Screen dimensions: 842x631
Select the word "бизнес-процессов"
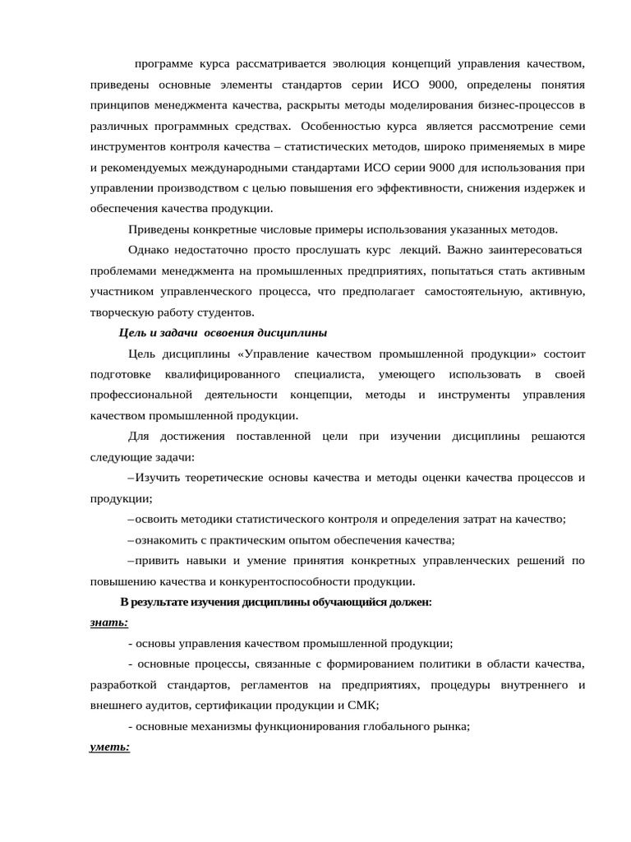(x=519, y=105)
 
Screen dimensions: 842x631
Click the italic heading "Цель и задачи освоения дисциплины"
(x=223, y=332)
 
